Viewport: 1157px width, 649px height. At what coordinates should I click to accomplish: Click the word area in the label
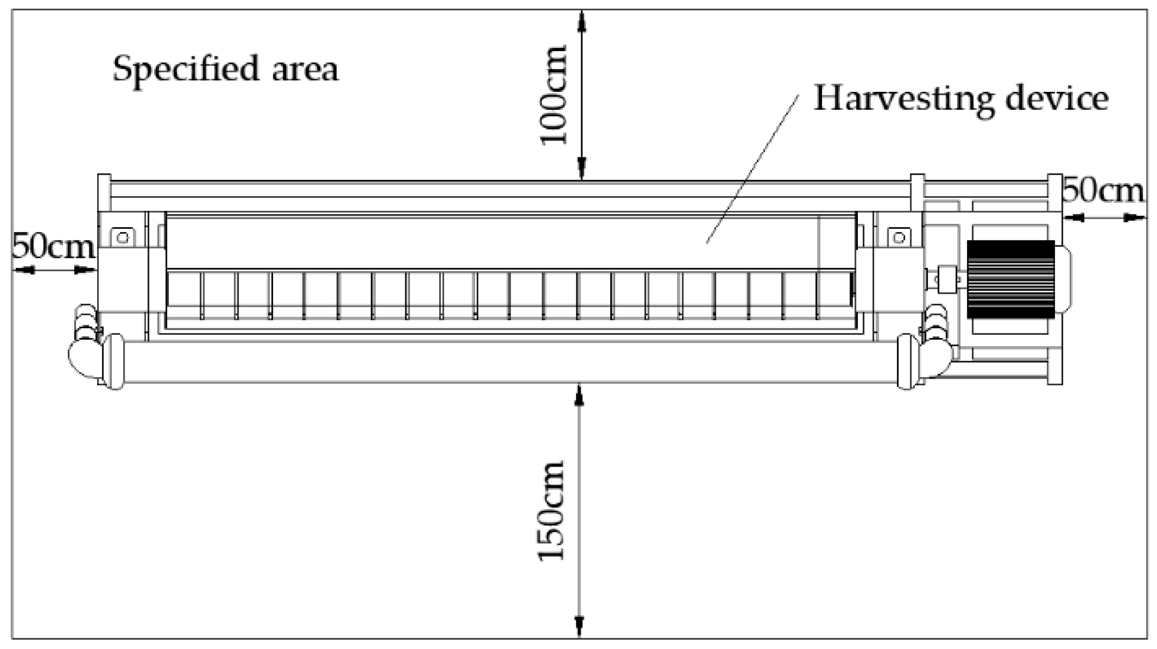pos(305,71)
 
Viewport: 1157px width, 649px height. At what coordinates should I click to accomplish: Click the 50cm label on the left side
pos(53,247)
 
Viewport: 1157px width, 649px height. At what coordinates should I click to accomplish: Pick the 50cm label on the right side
pos(1102,190)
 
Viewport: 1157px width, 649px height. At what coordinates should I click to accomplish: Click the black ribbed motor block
pos(1011,279)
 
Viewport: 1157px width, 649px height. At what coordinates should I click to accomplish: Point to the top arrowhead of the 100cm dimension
pos(582,20)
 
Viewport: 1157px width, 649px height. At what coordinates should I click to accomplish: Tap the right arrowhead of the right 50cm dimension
pos(1136,218)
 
